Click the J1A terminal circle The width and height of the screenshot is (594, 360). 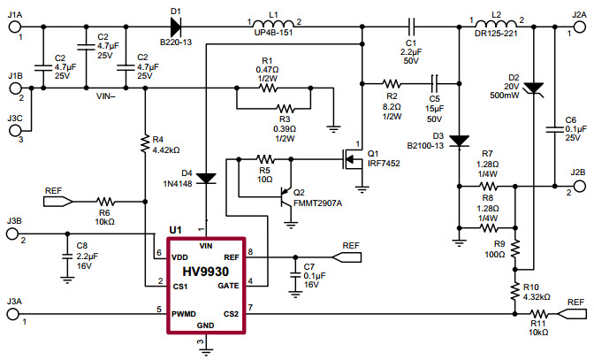15,27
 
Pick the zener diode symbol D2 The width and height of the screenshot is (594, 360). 534,87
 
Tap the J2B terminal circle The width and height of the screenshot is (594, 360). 578,187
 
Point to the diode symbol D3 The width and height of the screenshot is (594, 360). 459,139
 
